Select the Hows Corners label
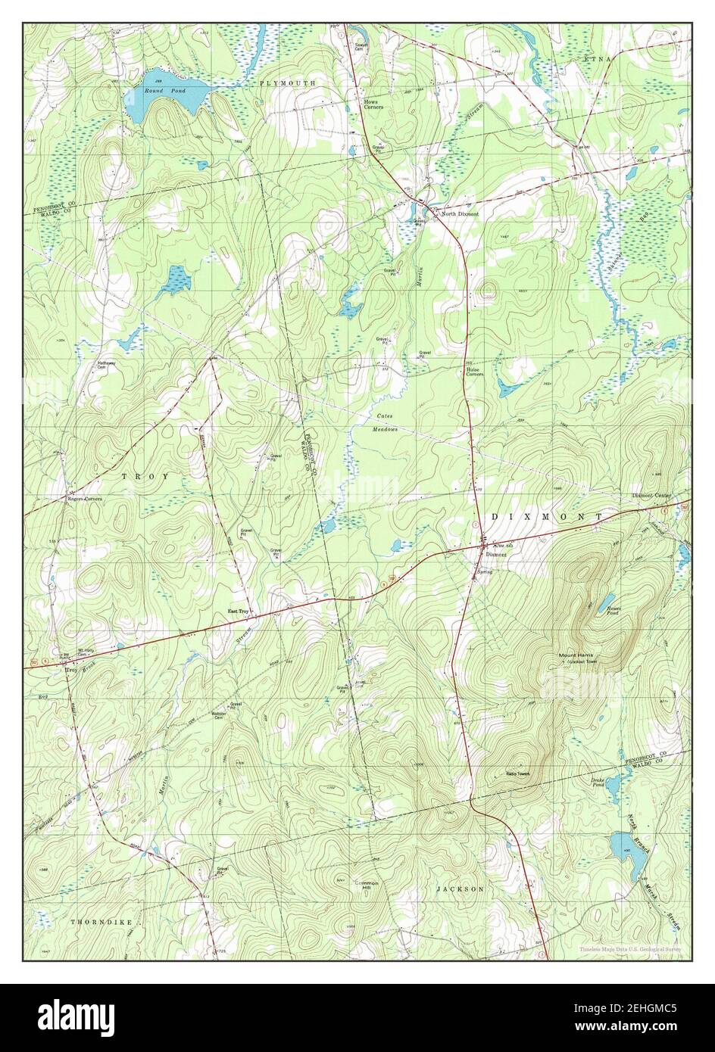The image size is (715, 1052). point(373,104)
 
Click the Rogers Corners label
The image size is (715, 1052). point(83,500)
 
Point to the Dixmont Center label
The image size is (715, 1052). point(651,496)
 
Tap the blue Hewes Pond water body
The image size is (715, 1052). point(607,602)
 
